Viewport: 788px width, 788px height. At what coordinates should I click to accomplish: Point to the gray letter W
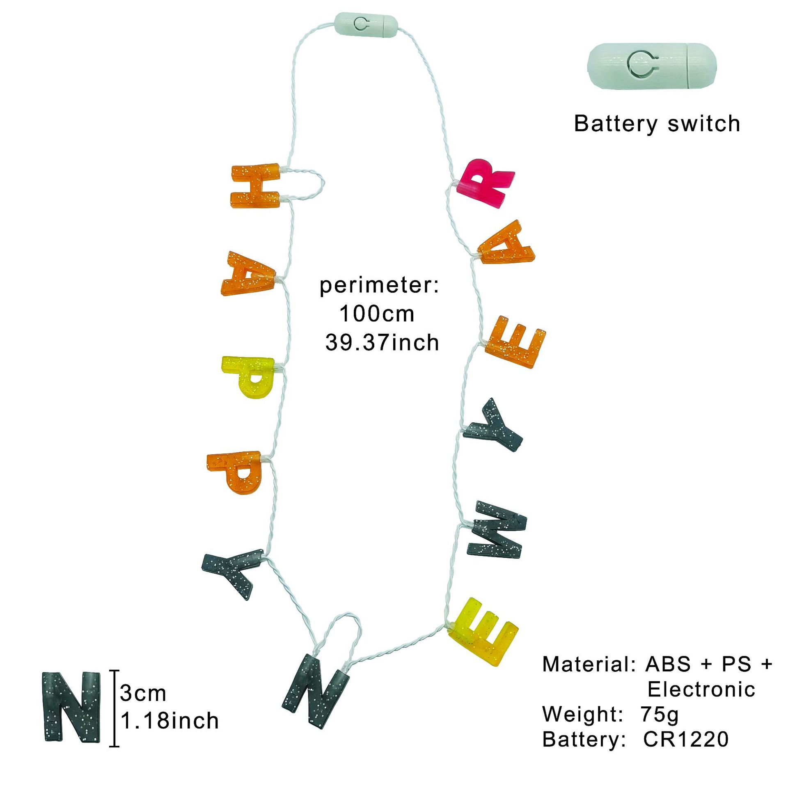coord(497,530)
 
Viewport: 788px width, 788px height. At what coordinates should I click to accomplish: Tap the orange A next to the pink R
coord(506,244)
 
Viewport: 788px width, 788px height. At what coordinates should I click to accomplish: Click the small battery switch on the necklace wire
coord(366,25)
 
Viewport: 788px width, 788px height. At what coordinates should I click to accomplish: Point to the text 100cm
coord(376,314)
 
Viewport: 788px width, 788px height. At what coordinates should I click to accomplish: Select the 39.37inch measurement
coord(382,343)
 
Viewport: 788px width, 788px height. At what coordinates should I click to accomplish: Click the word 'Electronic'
coord(701,689)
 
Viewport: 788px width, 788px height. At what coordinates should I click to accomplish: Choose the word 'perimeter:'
coord(379,285)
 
